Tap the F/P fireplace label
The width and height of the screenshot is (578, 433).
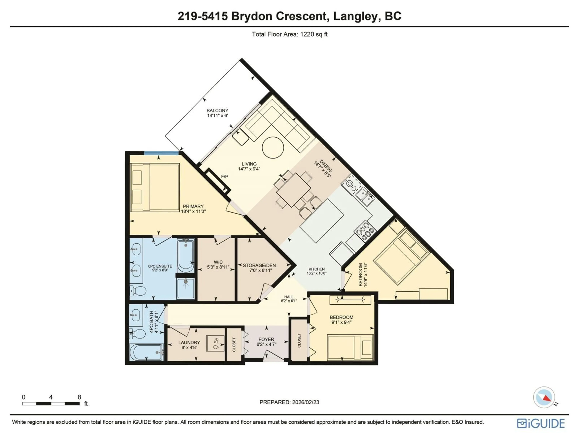(224, 177)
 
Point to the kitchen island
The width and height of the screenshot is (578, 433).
(322, 221)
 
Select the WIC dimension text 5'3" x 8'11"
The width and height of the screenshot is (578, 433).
(218, 267)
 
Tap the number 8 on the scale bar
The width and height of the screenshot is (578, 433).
(79, 397)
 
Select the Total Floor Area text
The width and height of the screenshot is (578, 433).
(289, 34)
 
